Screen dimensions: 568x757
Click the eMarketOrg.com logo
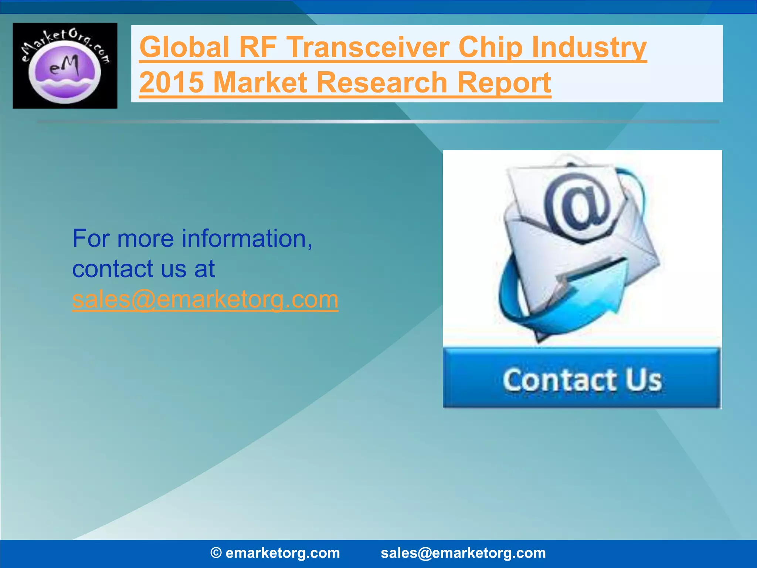tap(65, 65)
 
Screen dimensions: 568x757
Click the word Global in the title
tap(184, 47)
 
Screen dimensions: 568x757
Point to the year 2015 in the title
tap(172, 82)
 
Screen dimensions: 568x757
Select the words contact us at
tap(143, 269)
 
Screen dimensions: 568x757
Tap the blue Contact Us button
tap(582, 379)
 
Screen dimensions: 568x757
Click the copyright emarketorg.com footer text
tap(275, 553)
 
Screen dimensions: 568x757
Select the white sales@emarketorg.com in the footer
tap(463, 553)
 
